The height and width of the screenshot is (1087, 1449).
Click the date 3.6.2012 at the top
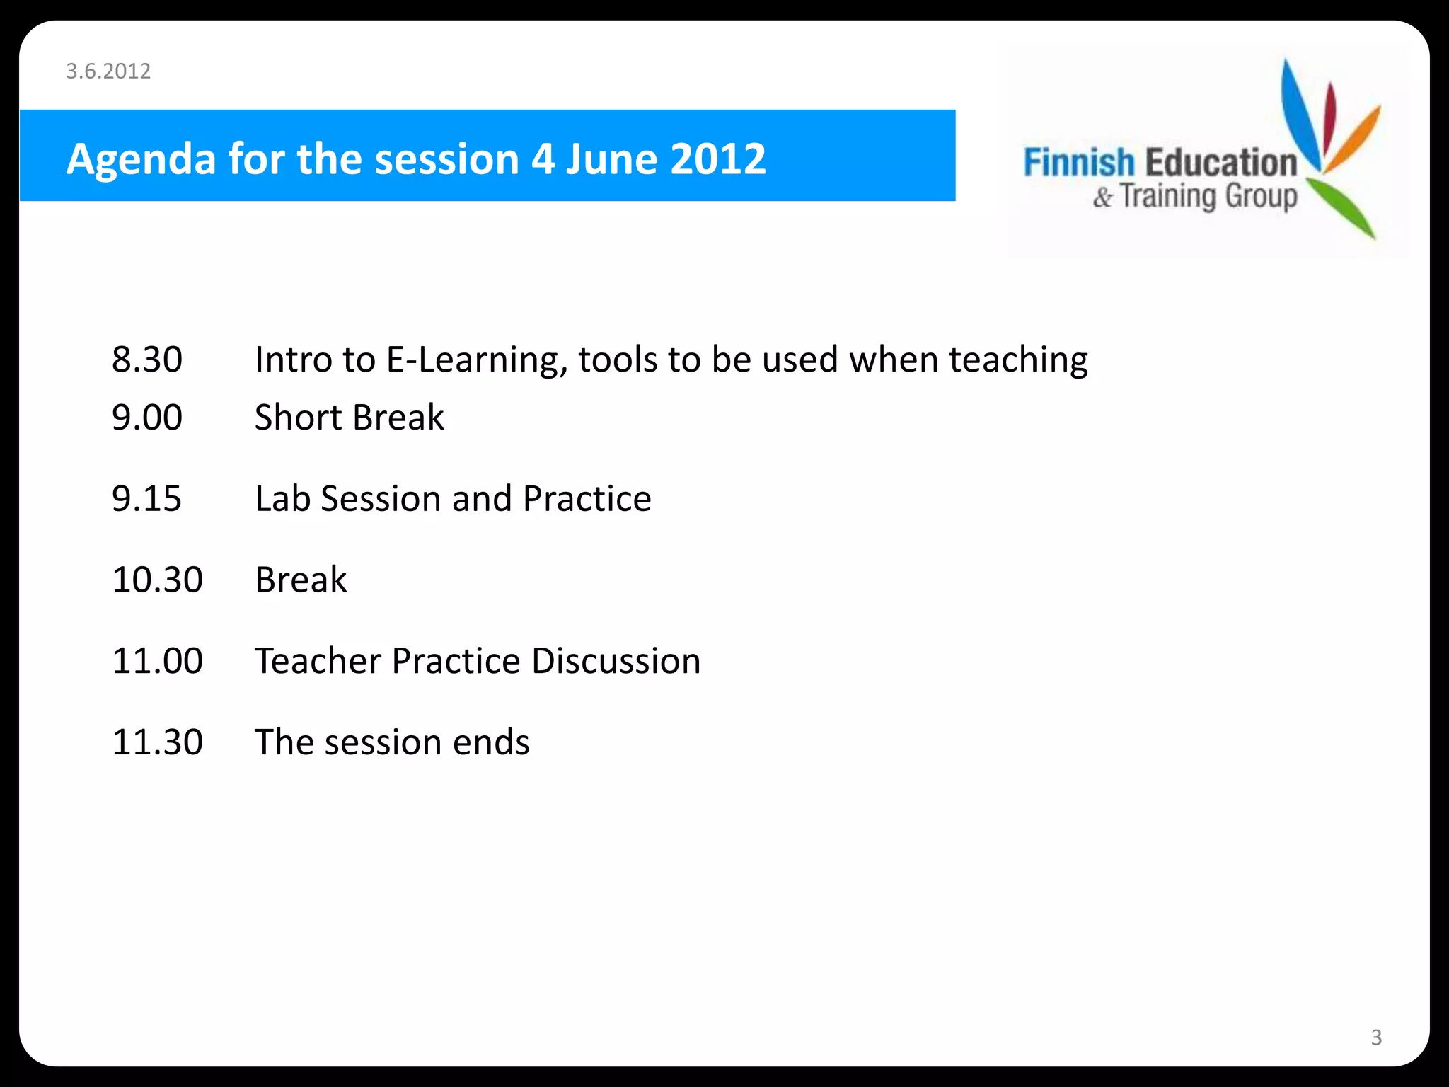pyautogui.click(x=108, y=71)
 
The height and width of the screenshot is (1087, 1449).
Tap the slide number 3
pyautogui.click(x=1376, y=1037)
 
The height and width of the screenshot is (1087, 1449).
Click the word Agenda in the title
pyautogui.click(x=141, y=159)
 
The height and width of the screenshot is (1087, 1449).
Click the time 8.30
pyautogui.click(x=147, y=360)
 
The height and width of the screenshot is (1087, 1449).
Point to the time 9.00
pyautogui.click(x=147, y=418)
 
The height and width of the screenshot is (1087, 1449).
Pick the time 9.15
pyautogui.click(x=147, y=499)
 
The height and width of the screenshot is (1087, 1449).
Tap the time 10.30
pyautogui.click(x=157, y=580)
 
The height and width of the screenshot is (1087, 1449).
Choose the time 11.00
pyautogui.click(x=157, y=661)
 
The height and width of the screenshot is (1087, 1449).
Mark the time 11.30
pyautogui.click(x=157, y=742)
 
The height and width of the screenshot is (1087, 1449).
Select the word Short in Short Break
pyautogui.click(x=298, y=418)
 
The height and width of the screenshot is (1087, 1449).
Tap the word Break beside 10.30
pyautogui.click(x=301, y=580)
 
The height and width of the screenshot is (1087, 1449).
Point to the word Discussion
pyautogui.click(x=616, y=661)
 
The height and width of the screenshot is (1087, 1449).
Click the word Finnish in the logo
pyautogui.click(x=1079, y=162)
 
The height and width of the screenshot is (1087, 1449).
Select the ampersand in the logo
pyautogui.click(x=1102, y=197)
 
